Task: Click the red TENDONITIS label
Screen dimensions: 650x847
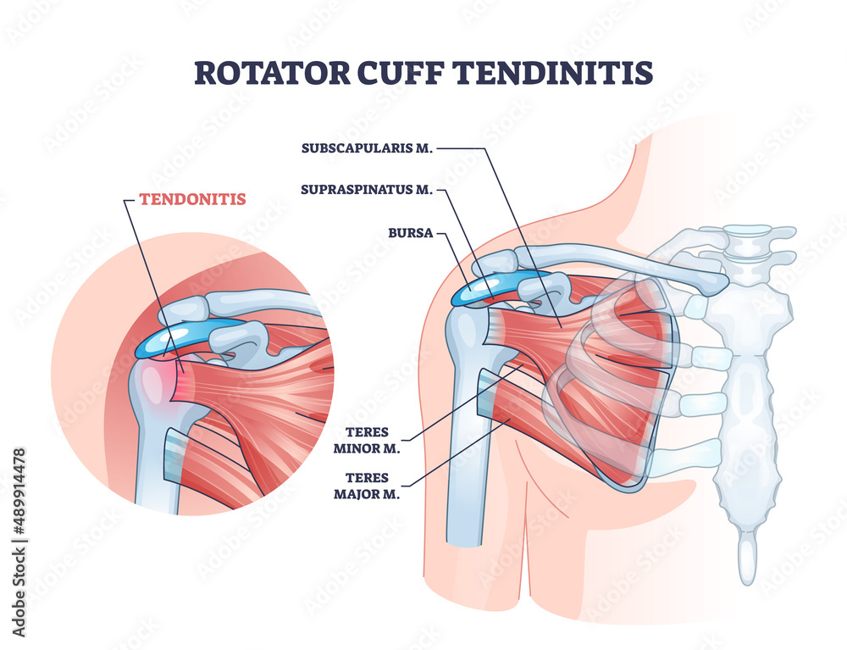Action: [x=192, y=199]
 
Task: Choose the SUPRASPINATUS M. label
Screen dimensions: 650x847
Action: [x=367, y=190]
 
